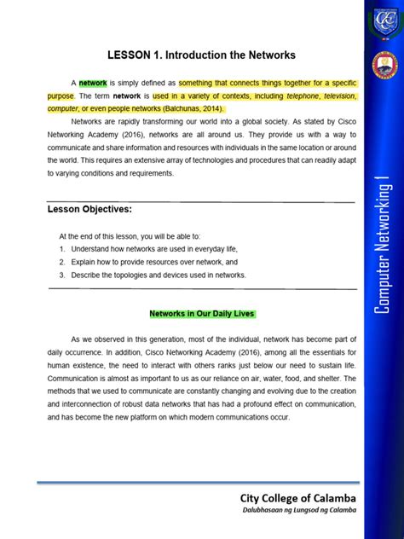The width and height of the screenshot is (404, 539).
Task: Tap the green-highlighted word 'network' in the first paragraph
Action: (x=93, y=84)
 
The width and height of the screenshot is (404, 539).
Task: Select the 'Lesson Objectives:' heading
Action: (x=90, y=210)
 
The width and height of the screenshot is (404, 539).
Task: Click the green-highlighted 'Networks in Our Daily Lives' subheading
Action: (x=202, y=313)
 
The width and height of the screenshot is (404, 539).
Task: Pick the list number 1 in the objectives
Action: (x=62, y=249)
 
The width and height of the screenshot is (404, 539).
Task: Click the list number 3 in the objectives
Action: (x=62, y=275)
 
